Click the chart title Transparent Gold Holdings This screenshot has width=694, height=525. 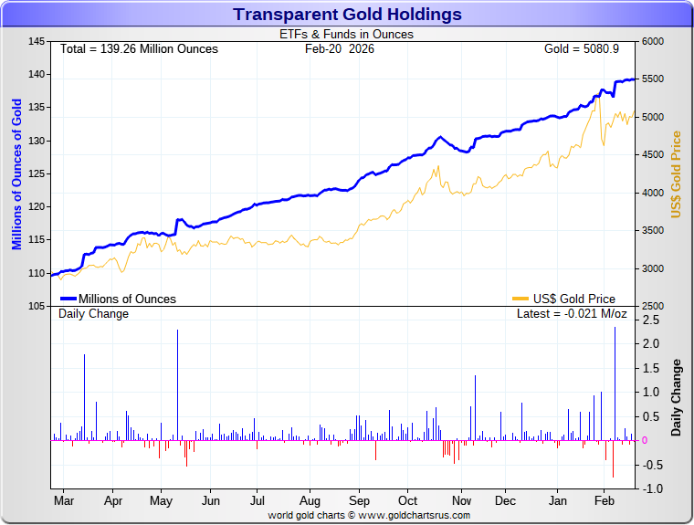(347, 15)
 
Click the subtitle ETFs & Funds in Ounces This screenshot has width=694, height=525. (346, 35)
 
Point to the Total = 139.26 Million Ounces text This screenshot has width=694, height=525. (139, 48)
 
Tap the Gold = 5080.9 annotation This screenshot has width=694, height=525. (581, 48)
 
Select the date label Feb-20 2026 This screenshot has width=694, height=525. (340, 48)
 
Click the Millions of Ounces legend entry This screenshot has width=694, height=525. (119, 299)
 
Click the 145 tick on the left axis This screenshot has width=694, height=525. (37, 42)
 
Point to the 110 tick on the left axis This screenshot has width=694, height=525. (37, 273)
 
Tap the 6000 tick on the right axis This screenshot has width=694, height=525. (653, 42)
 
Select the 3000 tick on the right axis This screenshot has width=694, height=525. (653, 268)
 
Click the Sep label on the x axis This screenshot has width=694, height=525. (359, 501)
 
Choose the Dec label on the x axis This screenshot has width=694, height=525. (505, 501)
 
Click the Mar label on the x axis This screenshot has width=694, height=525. (64, 501)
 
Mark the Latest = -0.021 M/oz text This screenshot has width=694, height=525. (572, 314)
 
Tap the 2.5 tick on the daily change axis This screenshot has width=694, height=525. (651, 320)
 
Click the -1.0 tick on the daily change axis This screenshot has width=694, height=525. (651, 488)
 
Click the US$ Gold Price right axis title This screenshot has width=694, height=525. (677, 174)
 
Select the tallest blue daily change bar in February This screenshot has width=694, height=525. (615, 383)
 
